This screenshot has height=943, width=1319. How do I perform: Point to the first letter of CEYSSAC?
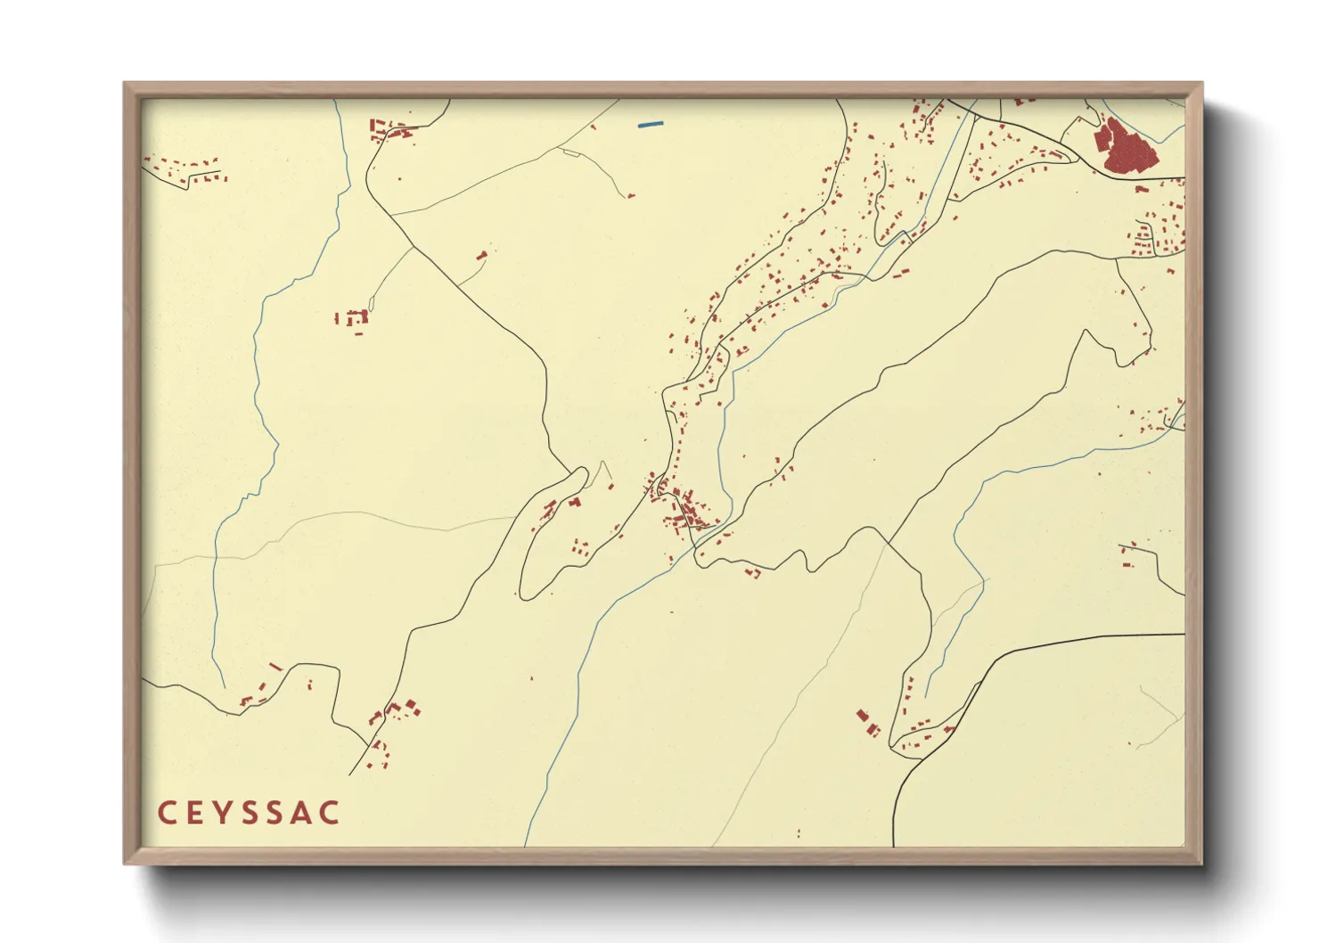tap(166, 813)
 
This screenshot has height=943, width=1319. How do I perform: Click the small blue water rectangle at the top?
tap(651, 124)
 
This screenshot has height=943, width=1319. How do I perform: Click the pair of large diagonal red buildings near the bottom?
tap(867, 722)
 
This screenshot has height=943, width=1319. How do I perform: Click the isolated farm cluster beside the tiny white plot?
tap(355, 319)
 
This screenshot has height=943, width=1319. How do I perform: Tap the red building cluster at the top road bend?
tap(390, 131)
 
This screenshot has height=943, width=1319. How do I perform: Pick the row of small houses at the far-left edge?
tap(187, 170)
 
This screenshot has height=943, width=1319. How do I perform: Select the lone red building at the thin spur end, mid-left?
tap(482, 256)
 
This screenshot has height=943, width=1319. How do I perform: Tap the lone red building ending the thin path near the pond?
tap(630, 195)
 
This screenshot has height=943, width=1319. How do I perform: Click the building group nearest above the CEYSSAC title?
tap(392, 713)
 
